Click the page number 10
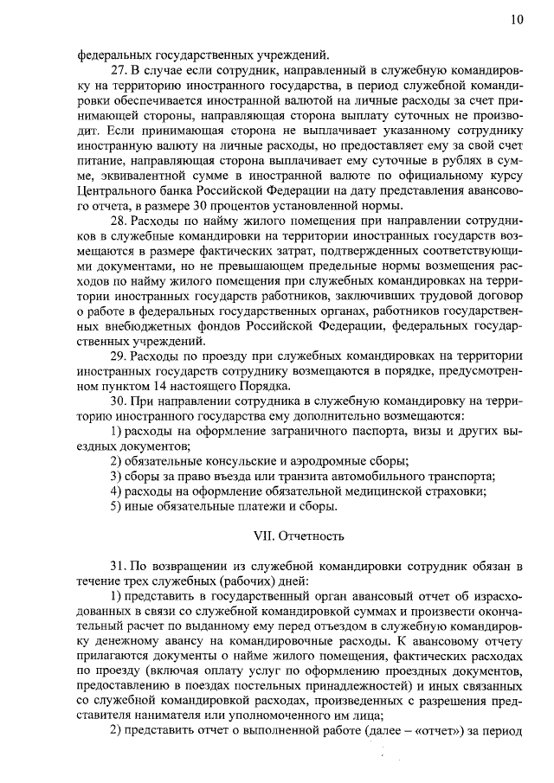point(517,19)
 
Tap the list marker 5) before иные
point(115,506)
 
